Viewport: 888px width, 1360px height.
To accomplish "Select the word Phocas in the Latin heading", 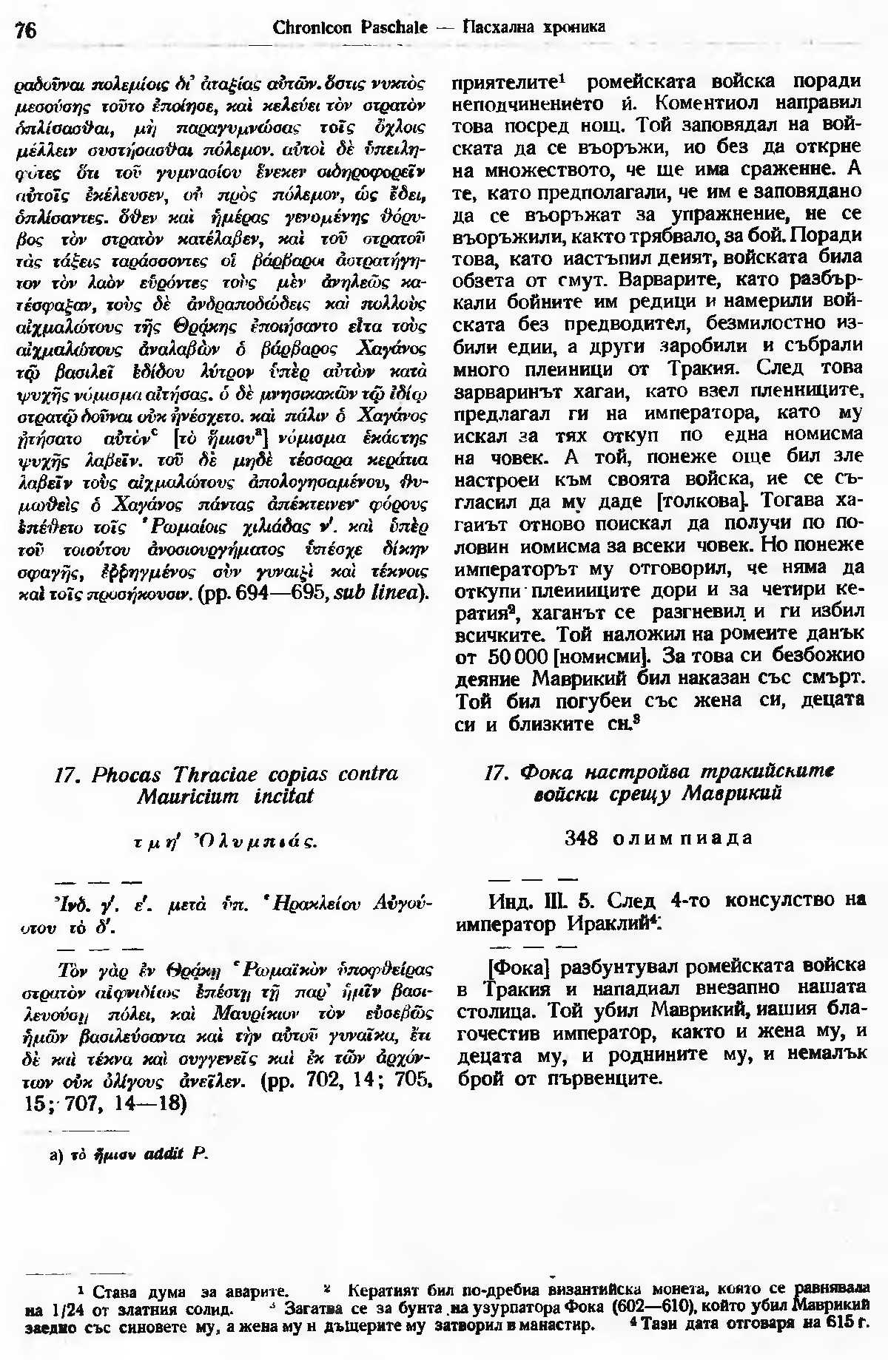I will (128, 774).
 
